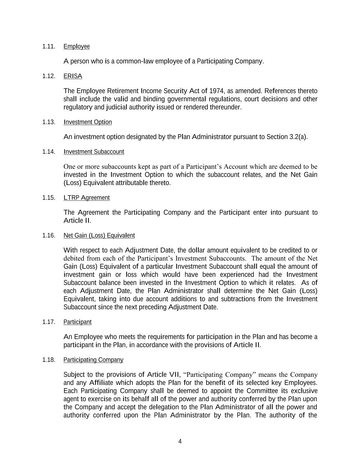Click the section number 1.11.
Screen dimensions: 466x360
tap(49, 46)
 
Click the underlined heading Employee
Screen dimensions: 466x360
tap(76, 46)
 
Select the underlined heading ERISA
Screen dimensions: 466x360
tap(73, 76)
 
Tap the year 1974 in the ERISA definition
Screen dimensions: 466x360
tap(216, 91)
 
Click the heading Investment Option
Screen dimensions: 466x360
tap(88, 122)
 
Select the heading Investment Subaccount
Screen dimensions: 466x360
tap(94, 152)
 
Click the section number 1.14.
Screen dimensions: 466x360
tap(49, 152)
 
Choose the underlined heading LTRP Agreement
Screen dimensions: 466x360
tap(87, 198)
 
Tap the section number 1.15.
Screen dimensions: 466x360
tap(49, 198)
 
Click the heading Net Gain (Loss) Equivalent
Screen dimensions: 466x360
tap(99, 235)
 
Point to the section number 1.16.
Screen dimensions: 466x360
tap(49, 235)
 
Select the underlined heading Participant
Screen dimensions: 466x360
tap(77, 322)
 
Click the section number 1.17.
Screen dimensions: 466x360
tap(49, 322)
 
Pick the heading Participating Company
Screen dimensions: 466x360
tap(93, 360)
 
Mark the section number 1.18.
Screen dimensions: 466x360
tap(49, 360)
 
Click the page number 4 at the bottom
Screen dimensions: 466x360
tap(180, 441)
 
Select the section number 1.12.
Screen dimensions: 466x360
tap(49, 76)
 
